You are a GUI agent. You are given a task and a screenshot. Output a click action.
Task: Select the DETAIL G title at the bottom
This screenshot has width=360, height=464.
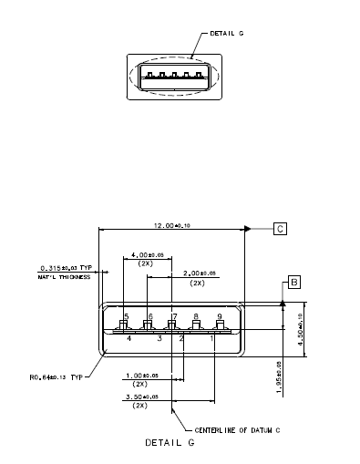tap(170, 443)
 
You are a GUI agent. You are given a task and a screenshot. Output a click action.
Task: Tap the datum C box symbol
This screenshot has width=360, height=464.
tap(280, 229)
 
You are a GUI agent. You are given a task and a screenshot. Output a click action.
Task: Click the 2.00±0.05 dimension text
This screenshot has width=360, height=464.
tap(197, 273)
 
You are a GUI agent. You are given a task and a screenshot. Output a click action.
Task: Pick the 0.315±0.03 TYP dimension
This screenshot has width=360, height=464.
tap(66, 268)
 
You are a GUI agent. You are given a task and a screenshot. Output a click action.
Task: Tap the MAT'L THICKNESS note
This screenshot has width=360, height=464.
tap(66, 276)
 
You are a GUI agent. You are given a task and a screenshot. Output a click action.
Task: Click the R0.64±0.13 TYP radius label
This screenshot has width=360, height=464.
tap(57, 376)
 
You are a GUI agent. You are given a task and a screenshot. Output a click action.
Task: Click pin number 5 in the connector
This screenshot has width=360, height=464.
tap(126, 315)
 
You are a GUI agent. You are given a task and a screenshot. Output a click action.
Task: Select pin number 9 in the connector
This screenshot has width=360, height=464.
tap(220, 315)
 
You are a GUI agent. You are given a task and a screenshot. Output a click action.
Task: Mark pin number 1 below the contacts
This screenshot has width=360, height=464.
tap(212, 338)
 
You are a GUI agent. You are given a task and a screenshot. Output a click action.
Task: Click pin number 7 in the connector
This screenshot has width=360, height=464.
tap(173, 315)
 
